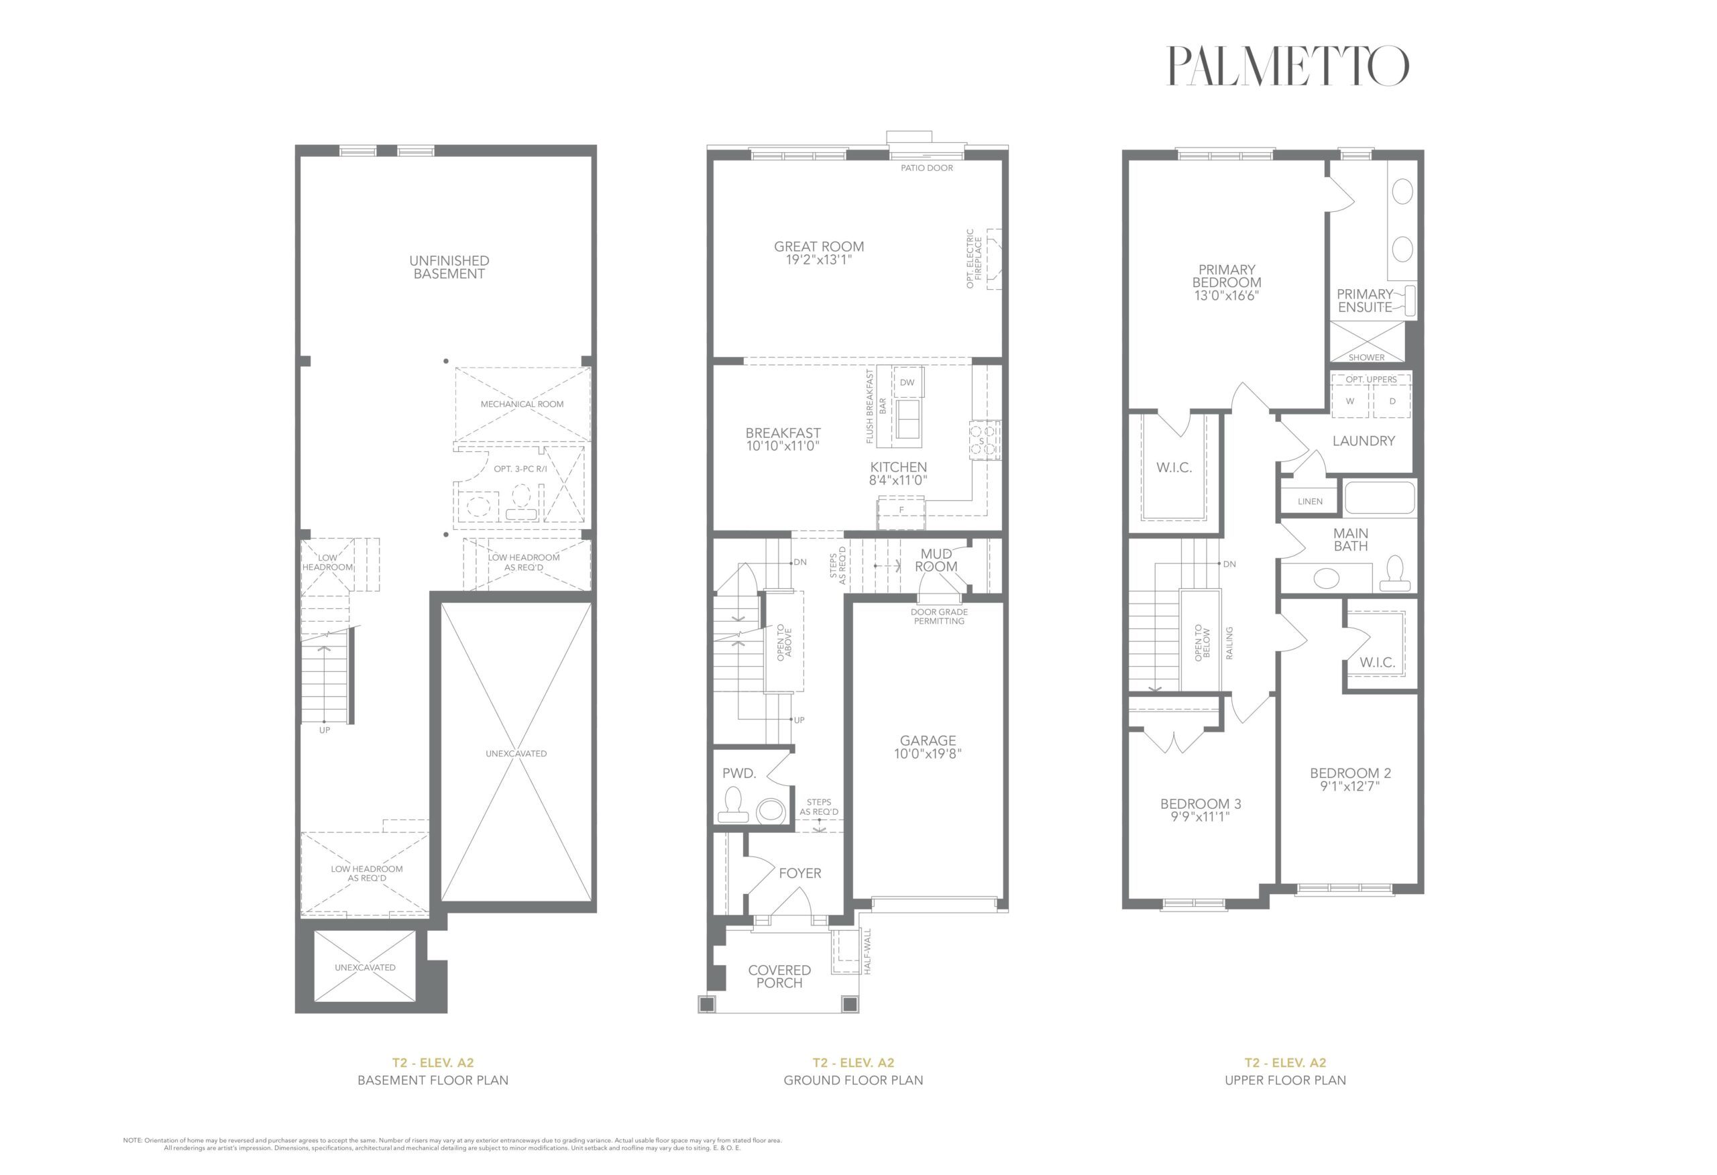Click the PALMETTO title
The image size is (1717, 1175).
1287,66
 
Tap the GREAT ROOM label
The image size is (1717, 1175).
819,247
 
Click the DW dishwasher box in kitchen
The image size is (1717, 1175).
907,382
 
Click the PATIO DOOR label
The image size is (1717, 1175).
926,168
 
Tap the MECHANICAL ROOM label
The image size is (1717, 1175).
522,404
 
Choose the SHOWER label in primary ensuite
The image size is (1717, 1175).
1366,357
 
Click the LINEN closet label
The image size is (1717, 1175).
1310,501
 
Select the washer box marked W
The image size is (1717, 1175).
1350,402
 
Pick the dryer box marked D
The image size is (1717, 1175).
1392,402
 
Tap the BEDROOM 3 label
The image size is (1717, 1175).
1200,804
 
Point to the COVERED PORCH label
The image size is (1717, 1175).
779,976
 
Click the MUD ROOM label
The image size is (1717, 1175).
936,560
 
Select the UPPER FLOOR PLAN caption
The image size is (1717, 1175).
1286,1080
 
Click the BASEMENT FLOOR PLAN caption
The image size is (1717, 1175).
433,1080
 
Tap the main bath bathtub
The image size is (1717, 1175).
1380,498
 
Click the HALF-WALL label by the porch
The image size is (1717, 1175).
868,951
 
